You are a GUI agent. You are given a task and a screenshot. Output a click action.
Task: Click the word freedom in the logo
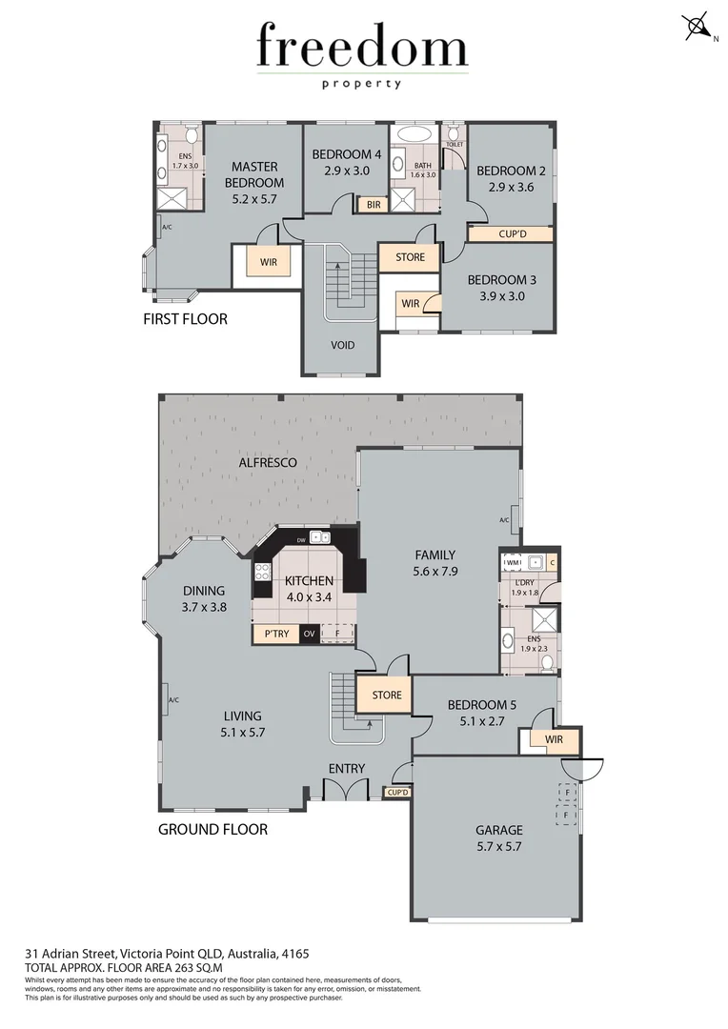coord(362,48)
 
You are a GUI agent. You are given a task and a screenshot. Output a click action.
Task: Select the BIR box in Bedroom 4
coord(369,204)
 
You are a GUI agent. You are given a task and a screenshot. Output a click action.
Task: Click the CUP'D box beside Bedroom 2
coord(512,233)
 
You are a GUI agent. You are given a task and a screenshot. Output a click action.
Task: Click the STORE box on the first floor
coord(410,257)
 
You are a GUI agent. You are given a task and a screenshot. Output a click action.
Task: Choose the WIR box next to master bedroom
coord(269,261)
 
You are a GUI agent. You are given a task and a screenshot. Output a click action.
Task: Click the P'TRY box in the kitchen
coord(275,633)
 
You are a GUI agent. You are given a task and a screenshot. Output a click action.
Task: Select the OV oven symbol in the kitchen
coord(309,633)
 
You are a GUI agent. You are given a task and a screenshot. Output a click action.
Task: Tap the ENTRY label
coord(347,769)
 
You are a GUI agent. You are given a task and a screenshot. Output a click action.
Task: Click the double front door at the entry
coord(345,790)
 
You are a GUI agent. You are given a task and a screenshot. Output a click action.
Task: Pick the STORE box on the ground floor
coord(386,695)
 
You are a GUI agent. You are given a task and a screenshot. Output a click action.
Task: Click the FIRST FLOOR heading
coord(185,319)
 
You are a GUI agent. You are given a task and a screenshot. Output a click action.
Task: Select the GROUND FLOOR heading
coord(212,829)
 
